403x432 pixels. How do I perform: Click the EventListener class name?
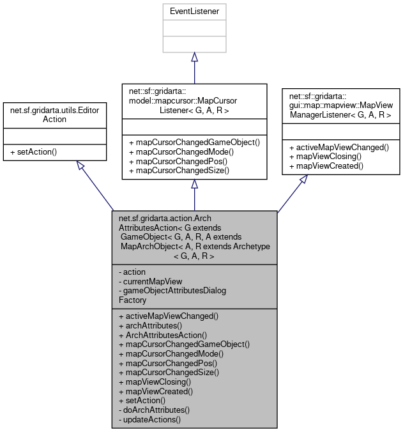(194, 12)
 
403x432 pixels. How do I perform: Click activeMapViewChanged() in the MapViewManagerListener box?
(338, 147)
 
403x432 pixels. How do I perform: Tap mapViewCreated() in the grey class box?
(156, 390)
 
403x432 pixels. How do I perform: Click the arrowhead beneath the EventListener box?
(194, 58)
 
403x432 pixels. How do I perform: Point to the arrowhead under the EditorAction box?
(80, 165)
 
